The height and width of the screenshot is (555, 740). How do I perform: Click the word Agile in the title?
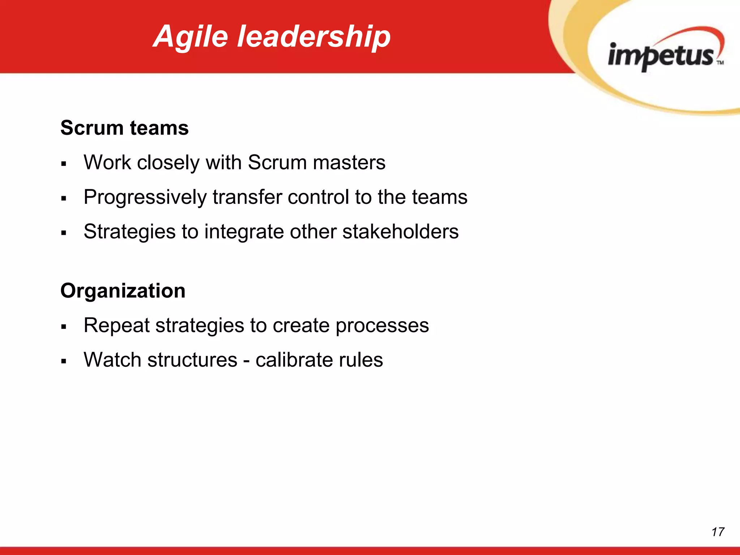click(x=192, y=36)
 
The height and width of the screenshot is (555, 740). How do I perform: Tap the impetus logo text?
click(x=661, y=56)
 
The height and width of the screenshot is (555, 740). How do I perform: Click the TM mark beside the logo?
click(x=720, y=63)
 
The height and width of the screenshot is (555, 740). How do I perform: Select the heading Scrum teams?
click(x=124, y=128)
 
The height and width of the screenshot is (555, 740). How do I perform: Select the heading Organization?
click(x=123, y=291)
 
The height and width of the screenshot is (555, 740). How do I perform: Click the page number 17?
click(x=718, y=532)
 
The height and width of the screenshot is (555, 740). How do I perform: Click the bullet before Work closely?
click(x=64, y=164)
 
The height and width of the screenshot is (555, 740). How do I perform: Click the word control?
click(x=318, y=197)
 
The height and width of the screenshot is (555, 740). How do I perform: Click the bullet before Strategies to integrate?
click(x=64, y=233)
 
